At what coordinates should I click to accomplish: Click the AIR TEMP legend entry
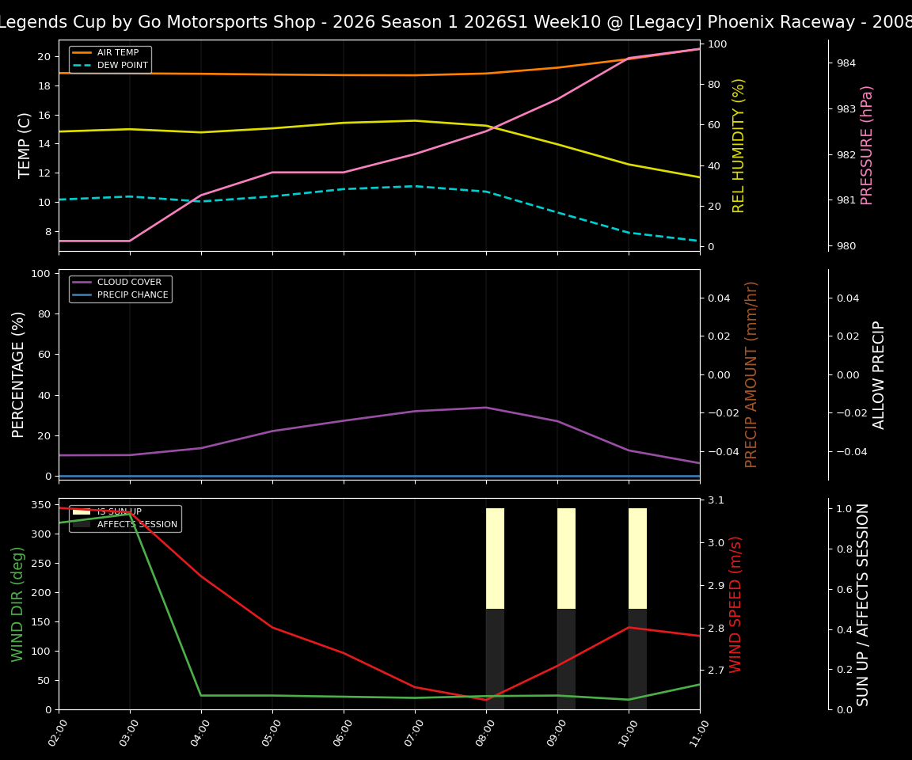117,53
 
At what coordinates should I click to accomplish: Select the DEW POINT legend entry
122,66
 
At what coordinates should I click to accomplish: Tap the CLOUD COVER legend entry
128,283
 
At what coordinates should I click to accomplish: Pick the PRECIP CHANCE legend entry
132,295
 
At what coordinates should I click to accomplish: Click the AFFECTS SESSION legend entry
136,525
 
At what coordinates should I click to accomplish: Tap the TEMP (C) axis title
25,145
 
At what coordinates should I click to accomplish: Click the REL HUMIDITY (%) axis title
739,145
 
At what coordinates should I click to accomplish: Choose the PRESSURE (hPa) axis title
867,145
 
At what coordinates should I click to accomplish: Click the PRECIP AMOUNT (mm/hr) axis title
751,374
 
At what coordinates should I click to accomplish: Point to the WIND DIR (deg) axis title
17,604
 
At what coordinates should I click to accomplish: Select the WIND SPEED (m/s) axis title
736,604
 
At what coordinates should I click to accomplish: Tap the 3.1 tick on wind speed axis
715,500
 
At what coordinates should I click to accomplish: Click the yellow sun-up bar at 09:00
566,558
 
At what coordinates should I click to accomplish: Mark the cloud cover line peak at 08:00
486,408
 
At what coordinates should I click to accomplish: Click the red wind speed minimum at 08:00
486,700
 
